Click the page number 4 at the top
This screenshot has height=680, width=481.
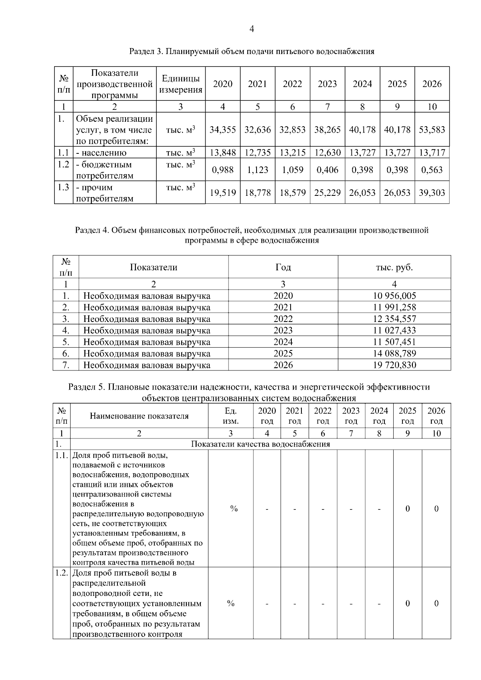[252, 29]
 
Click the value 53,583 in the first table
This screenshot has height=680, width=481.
[432, 130]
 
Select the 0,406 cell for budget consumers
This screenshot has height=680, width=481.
[327, 170]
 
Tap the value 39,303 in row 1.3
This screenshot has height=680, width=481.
[432, 193]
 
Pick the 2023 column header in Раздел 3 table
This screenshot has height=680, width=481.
[327, 84]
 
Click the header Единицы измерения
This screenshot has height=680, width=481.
[180, 84]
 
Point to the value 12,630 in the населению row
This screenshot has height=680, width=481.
[327, 153]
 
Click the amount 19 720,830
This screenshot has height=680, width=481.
[394, 365]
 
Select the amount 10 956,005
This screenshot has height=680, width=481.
[394, 296]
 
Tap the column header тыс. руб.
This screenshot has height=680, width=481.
[394, 267]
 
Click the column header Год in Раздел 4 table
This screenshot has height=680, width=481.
[283, 267]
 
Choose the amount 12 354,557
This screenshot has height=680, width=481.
[394, 319]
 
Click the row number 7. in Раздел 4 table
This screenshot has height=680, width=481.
[66, 365]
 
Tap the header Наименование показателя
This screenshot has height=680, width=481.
[139, 416]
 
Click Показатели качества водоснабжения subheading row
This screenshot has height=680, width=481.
[260, 444]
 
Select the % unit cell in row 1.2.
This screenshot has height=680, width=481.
[230, 604]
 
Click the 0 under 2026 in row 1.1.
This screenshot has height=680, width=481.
[436, 509]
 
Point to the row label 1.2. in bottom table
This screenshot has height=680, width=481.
[61, 573]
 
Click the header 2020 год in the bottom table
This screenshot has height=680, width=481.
[267, 416]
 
